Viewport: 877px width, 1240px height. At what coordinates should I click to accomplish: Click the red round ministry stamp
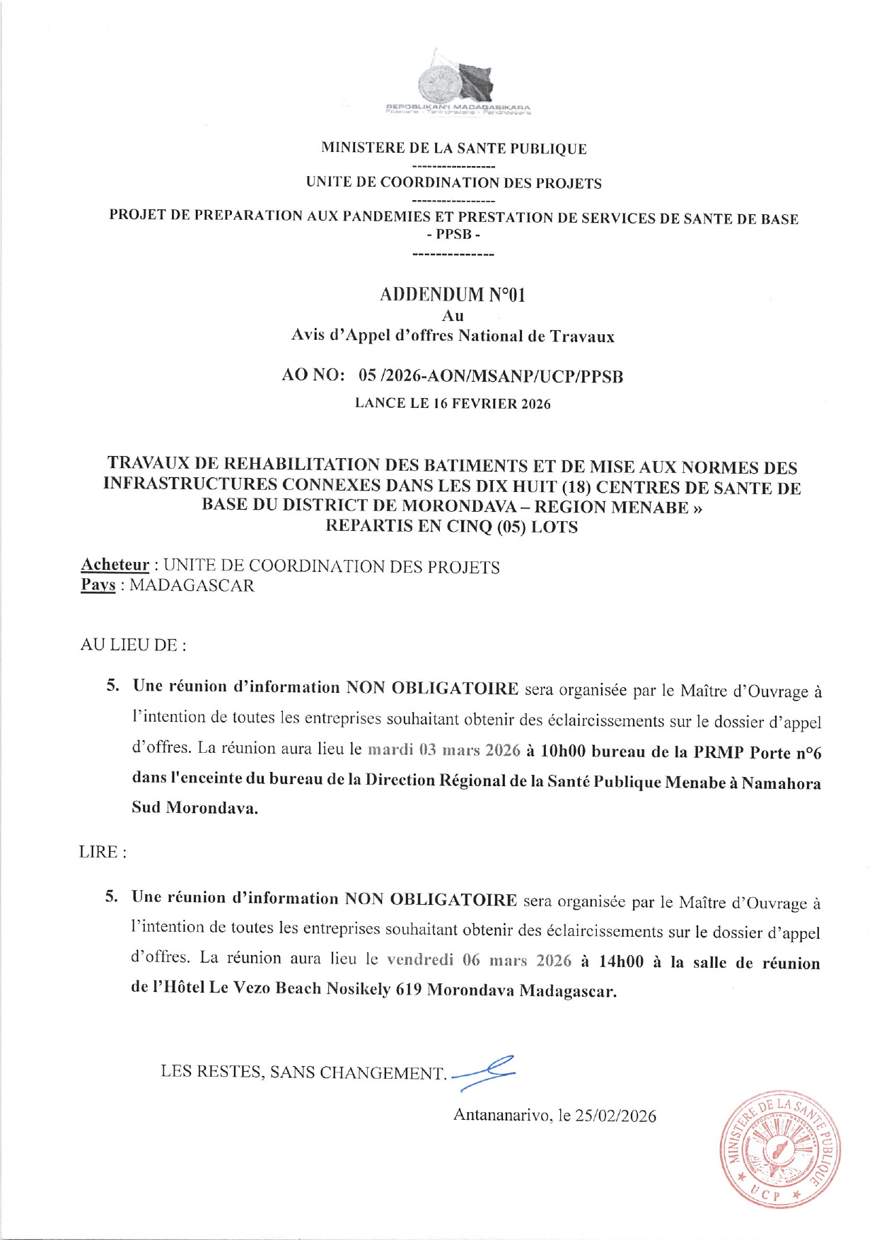(x=779, y=1147)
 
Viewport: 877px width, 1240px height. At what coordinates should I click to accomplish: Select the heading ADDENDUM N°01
(x=453, y=294)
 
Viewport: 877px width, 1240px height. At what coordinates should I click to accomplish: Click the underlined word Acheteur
(x=115, y=565)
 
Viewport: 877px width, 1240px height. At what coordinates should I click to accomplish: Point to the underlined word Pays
(x=98, y=585)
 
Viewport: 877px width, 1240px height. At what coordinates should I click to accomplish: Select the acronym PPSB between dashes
(x=453, y=235)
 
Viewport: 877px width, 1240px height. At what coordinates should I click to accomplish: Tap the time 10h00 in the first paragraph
(x=562, y=751)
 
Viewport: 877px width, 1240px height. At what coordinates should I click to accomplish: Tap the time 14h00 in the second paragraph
(x=621, y=961)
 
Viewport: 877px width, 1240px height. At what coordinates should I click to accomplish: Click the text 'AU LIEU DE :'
(x=133, y=645)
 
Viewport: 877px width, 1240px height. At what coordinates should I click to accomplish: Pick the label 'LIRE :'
(x=103, y=852)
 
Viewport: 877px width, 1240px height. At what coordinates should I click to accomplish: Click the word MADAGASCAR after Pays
(x=192, y=585)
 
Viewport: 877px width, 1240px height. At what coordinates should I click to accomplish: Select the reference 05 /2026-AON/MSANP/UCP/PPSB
(x=491, y=376)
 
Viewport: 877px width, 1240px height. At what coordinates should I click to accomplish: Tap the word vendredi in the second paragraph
(x=420, y=960)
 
